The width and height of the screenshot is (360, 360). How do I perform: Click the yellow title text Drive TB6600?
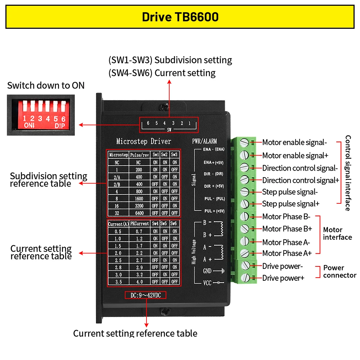[180, 17]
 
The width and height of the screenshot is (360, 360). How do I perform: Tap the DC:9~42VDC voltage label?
[145, 295]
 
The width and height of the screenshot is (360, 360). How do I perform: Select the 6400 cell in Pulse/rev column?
[139, 213]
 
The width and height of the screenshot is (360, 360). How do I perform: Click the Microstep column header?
[118, 155]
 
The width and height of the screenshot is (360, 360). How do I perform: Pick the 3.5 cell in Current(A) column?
[118, 282]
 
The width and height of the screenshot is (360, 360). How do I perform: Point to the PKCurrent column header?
[139, 224]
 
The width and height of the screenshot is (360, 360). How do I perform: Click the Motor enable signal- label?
[294, 142]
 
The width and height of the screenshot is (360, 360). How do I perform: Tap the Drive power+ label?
[283, 278]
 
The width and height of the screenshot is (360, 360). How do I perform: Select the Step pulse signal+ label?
[291, 204]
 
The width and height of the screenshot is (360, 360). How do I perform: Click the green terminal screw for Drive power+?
[245, 278]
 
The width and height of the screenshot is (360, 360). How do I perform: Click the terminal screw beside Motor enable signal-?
[244, 143]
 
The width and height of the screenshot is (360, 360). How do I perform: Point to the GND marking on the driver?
[207, 271]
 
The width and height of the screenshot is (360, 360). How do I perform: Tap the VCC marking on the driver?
[207, 283]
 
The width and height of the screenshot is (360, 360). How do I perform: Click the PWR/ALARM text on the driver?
[204, 141]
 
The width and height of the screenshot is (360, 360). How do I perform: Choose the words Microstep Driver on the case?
[144, 141]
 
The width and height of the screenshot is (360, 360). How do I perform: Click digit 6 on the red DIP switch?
[63, 119]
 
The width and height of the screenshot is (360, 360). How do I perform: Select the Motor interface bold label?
[337, 233]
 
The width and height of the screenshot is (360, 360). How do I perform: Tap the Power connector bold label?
[340, 271]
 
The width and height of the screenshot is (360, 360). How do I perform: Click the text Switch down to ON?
[46, 85]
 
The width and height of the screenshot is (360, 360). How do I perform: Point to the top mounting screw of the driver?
[165, 107]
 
